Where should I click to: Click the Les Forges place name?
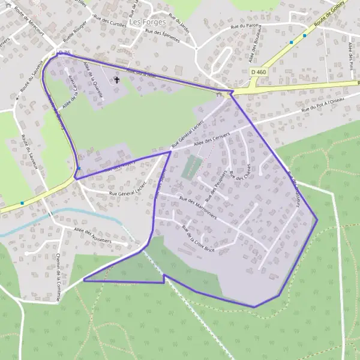click(x=143, y=23)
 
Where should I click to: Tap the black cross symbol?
click(x=116, y=79)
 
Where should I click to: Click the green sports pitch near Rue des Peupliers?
click(x=190, y=166)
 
